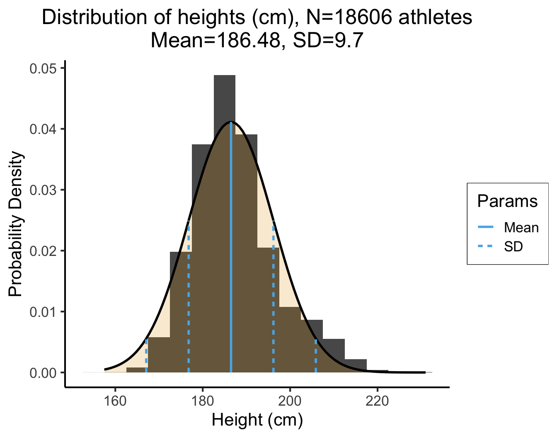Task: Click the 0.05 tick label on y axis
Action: pos(43,68)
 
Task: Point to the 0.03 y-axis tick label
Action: pos(43,190)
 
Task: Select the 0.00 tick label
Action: pos(43,373)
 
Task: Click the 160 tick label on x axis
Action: pos(114,401)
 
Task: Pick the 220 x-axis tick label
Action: pos(377,401)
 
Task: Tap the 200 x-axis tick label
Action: pos(290,401)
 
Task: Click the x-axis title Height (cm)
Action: pos(257,420)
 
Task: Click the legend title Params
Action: pos(507,201)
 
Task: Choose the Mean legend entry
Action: pos(521,227)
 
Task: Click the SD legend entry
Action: pos(513,247)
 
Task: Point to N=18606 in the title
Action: pos(344,17)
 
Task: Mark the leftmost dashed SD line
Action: pos(146,357)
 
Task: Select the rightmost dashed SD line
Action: pos(316,357)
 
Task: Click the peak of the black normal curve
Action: pos(231,122)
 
